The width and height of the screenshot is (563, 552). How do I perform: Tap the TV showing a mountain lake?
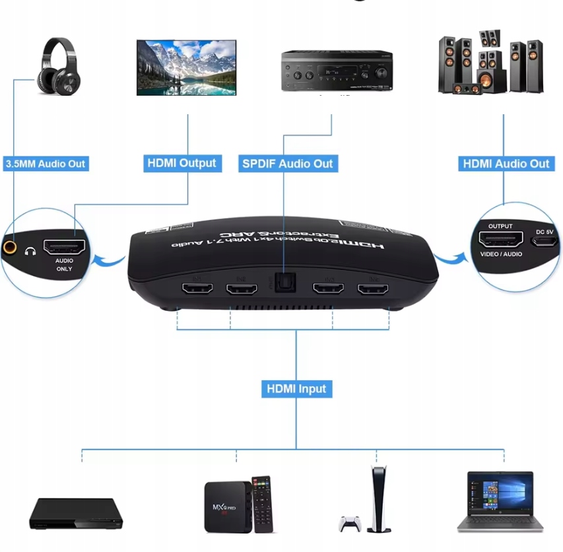[x=186, y=67]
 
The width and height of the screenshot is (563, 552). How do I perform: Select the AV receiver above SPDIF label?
[x=337, y=71]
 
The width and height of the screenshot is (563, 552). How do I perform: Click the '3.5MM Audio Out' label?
[x=45, y=163]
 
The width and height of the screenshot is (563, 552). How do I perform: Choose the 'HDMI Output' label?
[x=182, y=163]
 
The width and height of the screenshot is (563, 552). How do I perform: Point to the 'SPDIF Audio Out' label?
[x=287, y=163]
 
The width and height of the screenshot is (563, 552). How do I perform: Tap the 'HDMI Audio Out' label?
[x=506, y=163]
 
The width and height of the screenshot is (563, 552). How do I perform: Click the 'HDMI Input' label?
[x=296, y=388]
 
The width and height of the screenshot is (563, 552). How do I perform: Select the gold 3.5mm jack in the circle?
[x=11, y=248]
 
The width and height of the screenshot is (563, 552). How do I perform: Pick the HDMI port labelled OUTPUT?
[x=500, y=240]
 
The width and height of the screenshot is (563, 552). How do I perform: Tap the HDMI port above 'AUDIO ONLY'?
[x=64, y=248]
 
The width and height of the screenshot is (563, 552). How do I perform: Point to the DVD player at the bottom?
[x=76, y=514]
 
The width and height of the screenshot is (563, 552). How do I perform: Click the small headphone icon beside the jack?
[x=29, y=251]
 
